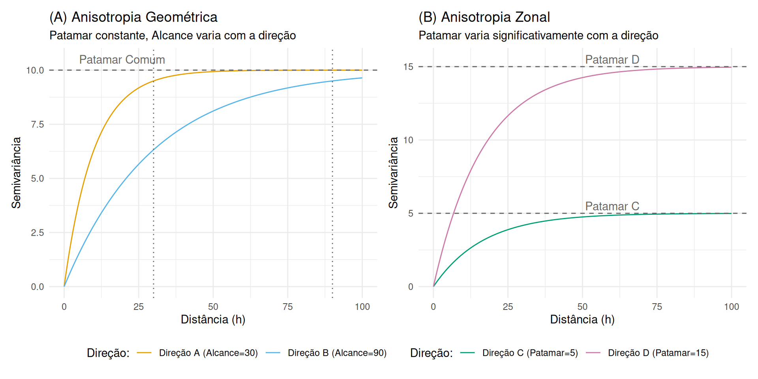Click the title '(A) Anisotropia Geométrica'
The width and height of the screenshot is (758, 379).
coord(133,17)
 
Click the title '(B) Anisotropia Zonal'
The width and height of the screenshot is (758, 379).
coord(484,17)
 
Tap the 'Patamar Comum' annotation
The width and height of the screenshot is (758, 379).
coord(122,60)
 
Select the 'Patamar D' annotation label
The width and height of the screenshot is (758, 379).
coord(612,60)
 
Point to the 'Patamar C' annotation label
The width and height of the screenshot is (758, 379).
coord(612,206)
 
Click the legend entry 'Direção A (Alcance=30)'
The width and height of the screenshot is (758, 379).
coord(208,353)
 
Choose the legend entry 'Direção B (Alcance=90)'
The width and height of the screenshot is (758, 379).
coord(337,353)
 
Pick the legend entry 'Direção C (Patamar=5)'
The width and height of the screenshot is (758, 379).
coord(530,353)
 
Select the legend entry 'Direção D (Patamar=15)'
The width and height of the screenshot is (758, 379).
coord(658,353)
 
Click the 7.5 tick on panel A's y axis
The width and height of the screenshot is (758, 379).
coord(38,125)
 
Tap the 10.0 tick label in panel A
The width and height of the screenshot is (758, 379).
coord(35,71)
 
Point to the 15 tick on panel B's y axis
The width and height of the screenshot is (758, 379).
coord(408,67)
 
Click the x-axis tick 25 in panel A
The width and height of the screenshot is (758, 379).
coord(139,307)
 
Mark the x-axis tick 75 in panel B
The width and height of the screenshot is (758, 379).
coord(657,307)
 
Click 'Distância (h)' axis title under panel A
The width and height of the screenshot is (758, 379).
coord(213,319)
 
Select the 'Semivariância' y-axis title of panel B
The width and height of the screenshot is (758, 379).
coord(393,173)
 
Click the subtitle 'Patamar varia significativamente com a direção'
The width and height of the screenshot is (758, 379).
coord(538,36)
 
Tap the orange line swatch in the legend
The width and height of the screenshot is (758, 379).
coord(144,353)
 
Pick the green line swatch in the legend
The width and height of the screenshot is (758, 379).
coord(467,353)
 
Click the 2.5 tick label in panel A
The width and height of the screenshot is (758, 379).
coord(38,233)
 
